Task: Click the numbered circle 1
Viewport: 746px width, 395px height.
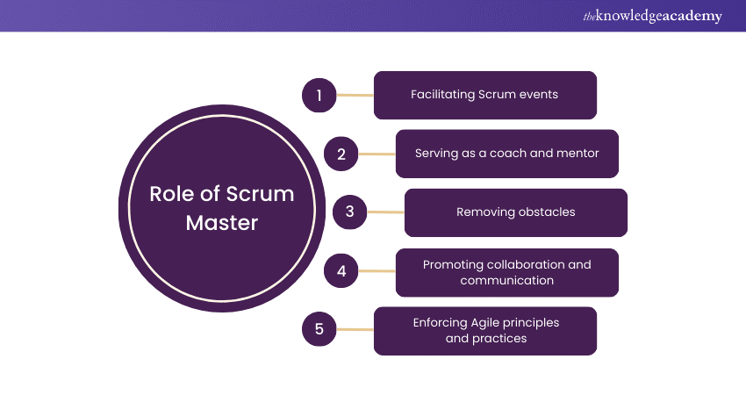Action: coord(319,95)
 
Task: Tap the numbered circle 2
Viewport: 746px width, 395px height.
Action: coord(341,154)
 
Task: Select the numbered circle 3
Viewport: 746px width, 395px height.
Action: coord(349,212)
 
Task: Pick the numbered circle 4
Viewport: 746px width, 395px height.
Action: coord(341,271)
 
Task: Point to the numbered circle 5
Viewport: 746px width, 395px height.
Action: coord(319,330)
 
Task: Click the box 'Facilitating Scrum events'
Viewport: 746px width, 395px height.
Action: coord(485,95)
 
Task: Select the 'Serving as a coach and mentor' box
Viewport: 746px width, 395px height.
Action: coord(507,154)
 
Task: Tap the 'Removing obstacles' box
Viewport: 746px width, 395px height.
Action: coord(516,212)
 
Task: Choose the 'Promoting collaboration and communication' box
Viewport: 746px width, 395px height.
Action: coord(507,272)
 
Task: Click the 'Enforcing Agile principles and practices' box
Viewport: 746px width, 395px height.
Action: coord(485,331)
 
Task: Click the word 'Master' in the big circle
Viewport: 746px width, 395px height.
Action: coord(222,223)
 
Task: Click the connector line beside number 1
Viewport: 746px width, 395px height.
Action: coord(355,95)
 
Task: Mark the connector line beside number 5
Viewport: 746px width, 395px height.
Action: coord(355,330)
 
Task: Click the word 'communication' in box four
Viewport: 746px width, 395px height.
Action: coord(507,281)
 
